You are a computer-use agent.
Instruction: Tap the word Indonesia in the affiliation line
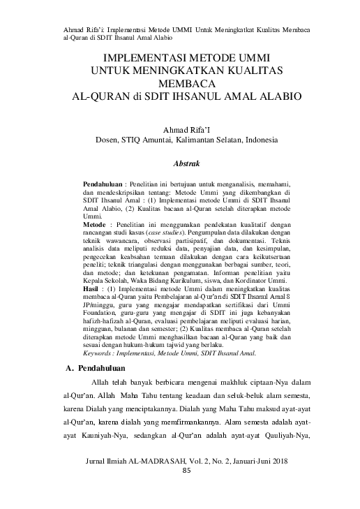259,140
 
